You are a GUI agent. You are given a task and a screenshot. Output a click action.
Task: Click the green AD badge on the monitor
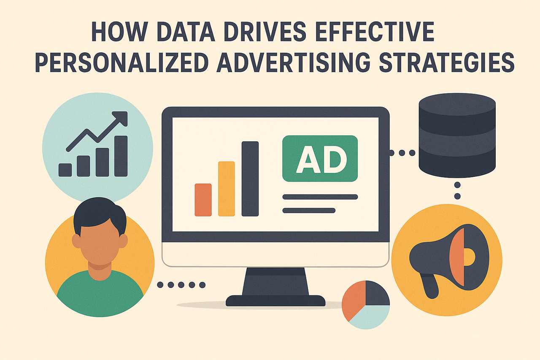pos(320,159)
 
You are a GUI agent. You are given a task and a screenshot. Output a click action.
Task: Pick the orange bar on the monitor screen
pos(203,200)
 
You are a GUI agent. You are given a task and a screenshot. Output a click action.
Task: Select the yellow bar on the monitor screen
pos(227,189)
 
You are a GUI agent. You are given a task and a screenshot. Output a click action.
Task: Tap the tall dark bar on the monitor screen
pos(250,179)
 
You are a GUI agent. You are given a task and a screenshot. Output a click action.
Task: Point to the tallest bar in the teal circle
pos(121,156)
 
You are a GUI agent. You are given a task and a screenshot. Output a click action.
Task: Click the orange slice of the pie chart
pos(353,303)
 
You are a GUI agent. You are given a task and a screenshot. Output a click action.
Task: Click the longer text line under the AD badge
pos(320,197)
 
